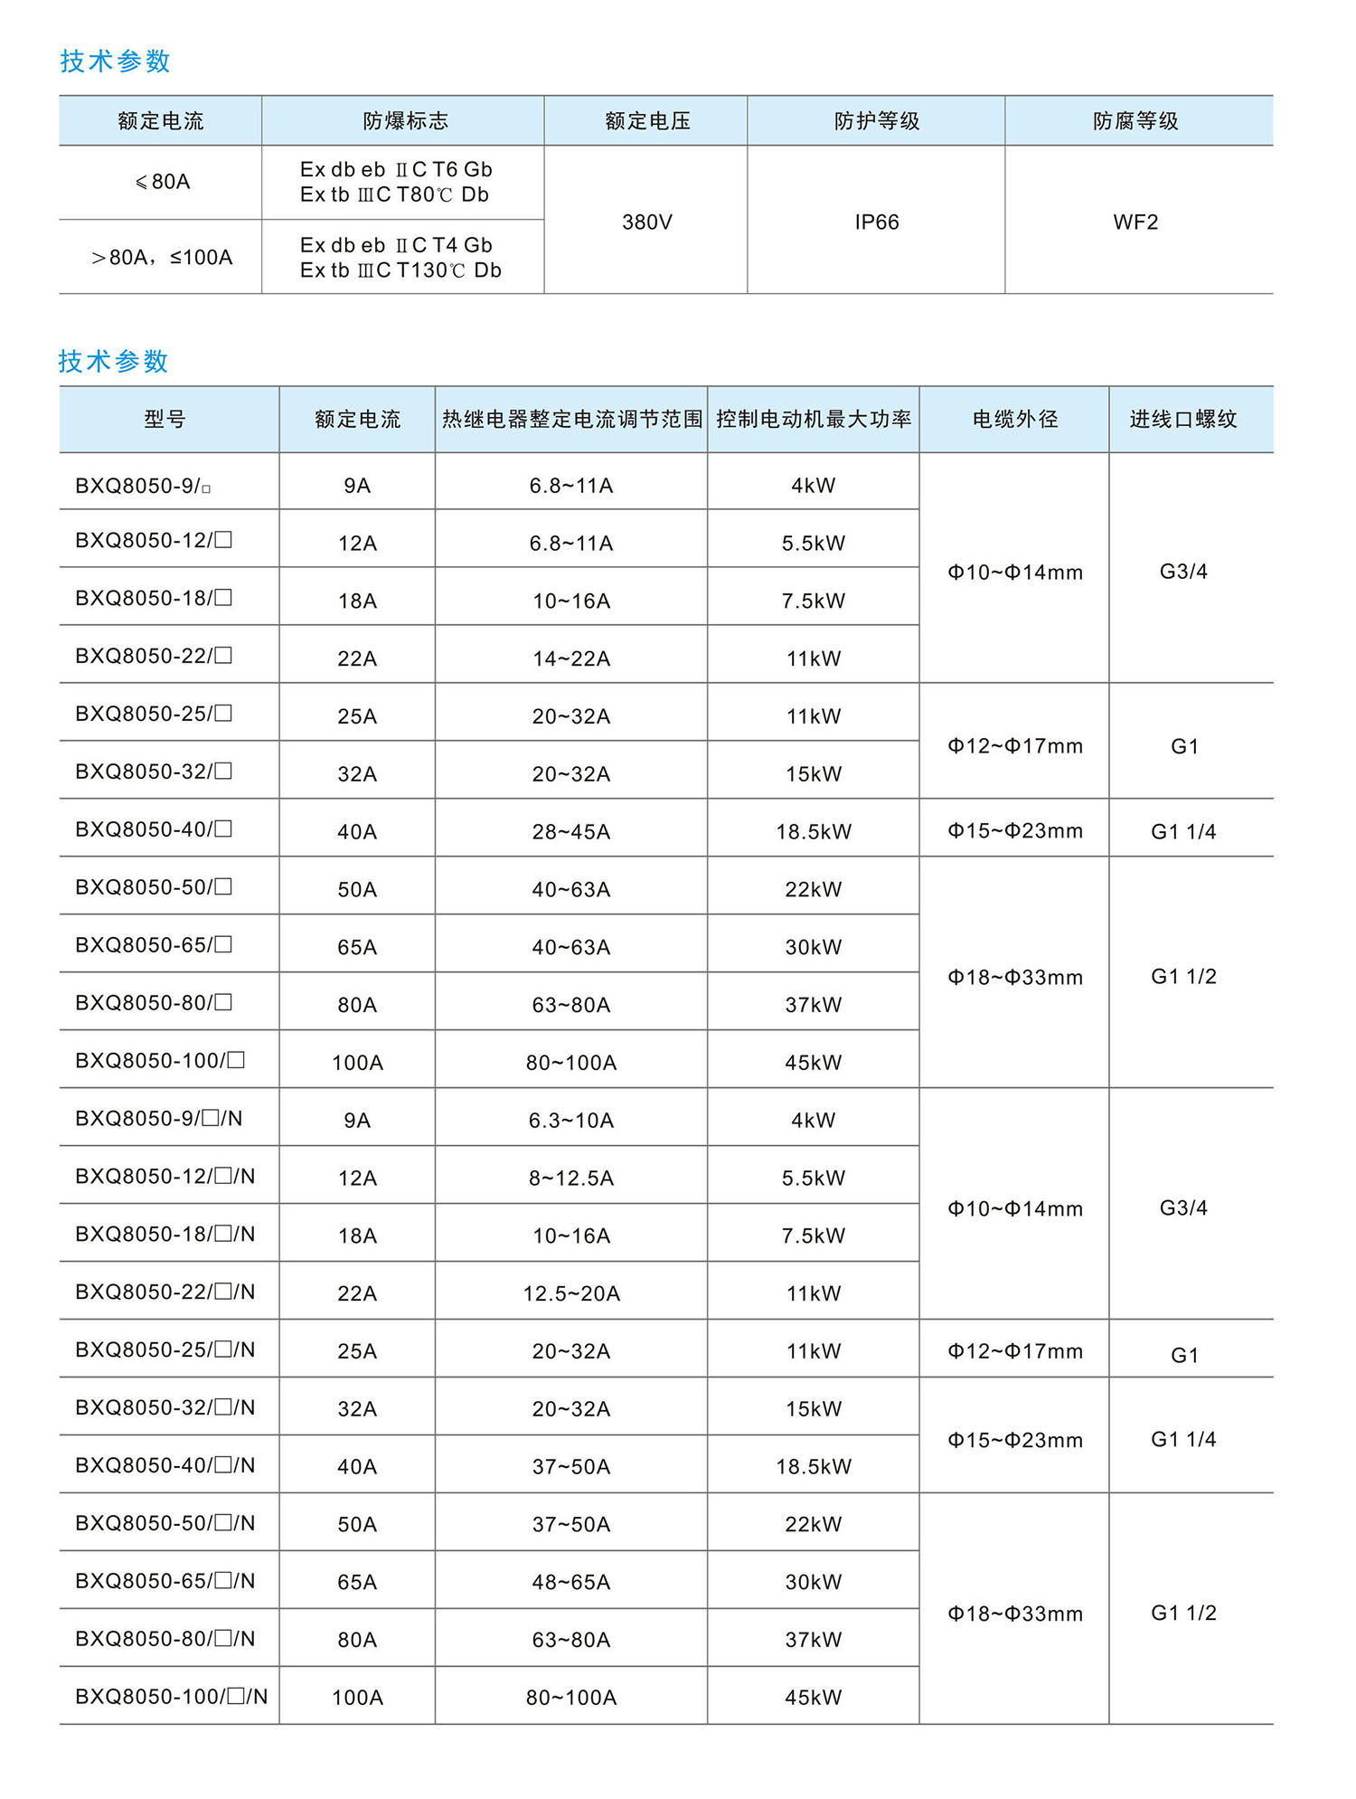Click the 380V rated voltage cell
tap(646, 222)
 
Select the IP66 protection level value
tap(876, 222)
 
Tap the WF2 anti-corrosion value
tap(1135, 222)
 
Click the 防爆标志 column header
tap(405, 120)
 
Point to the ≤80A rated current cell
tap(162, 182)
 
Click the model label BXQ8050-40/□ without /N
tap(154, 829)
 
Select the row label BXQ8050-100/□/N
tap(171, 1696)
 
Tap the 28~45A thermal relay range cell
tap(570, 831)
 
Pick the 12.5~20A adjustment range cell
tap(570, 1293)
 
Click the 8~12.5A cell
tap(570, 1178)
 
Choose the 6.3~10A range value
tap(570, 1120)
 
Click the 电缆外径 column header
tap(1014, 419)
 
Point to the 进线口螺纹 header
tap(1182, 419)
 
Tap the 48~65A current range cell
tap(570, 1582)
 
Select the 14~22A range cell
tap(570, 658)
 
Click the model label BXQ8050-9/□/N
tap(158, 1119)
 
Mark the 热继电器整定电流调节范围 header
tap(571, 419)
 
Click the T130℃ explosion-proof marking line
tap(400, 270)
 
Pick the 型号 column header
tap(165, 419)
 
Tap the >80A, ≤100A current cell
tap(162, 258)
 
